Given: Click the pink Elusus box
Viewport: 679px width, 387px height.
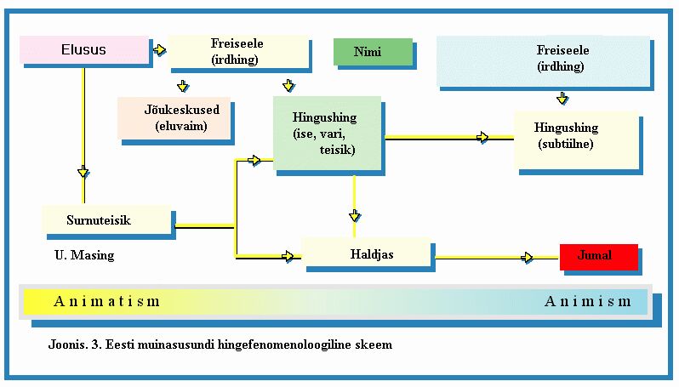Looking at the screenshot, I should point(83,50).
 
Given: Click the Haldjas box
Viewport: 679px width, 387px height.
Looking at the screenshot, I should point(367,253).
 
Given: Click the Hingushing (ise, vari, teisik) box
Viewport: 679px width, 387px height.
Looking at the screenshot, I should point(326,133).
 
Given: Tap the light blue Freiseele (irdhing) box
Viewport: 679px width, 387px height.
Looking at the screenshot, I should point(545,60).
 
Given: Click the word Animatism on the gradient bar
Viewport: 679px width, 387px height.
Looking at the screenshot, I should point(106,301).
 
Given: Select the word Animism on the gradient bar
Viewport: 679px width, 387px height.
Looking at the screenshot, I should point(588,301).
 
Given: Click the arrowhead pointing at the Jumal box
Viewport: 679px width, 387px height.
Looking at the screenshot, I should point(528,257).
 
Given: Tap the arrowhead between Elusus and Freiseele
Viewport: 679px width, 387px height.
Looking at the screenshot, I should point(159,50).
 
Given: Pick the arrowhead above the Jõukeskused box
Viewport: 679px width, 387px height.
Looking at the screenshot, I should point(182,85).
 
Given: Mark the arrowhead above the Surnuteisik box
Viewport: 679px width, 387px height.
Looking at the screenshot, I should point(83,173).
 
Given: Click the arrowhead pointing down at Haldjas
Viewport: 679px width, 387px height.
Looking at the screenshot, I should point(355,215).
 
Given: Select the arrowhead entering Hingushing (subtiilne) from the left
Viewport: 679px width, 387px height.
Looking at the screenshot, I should point(483,137).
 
